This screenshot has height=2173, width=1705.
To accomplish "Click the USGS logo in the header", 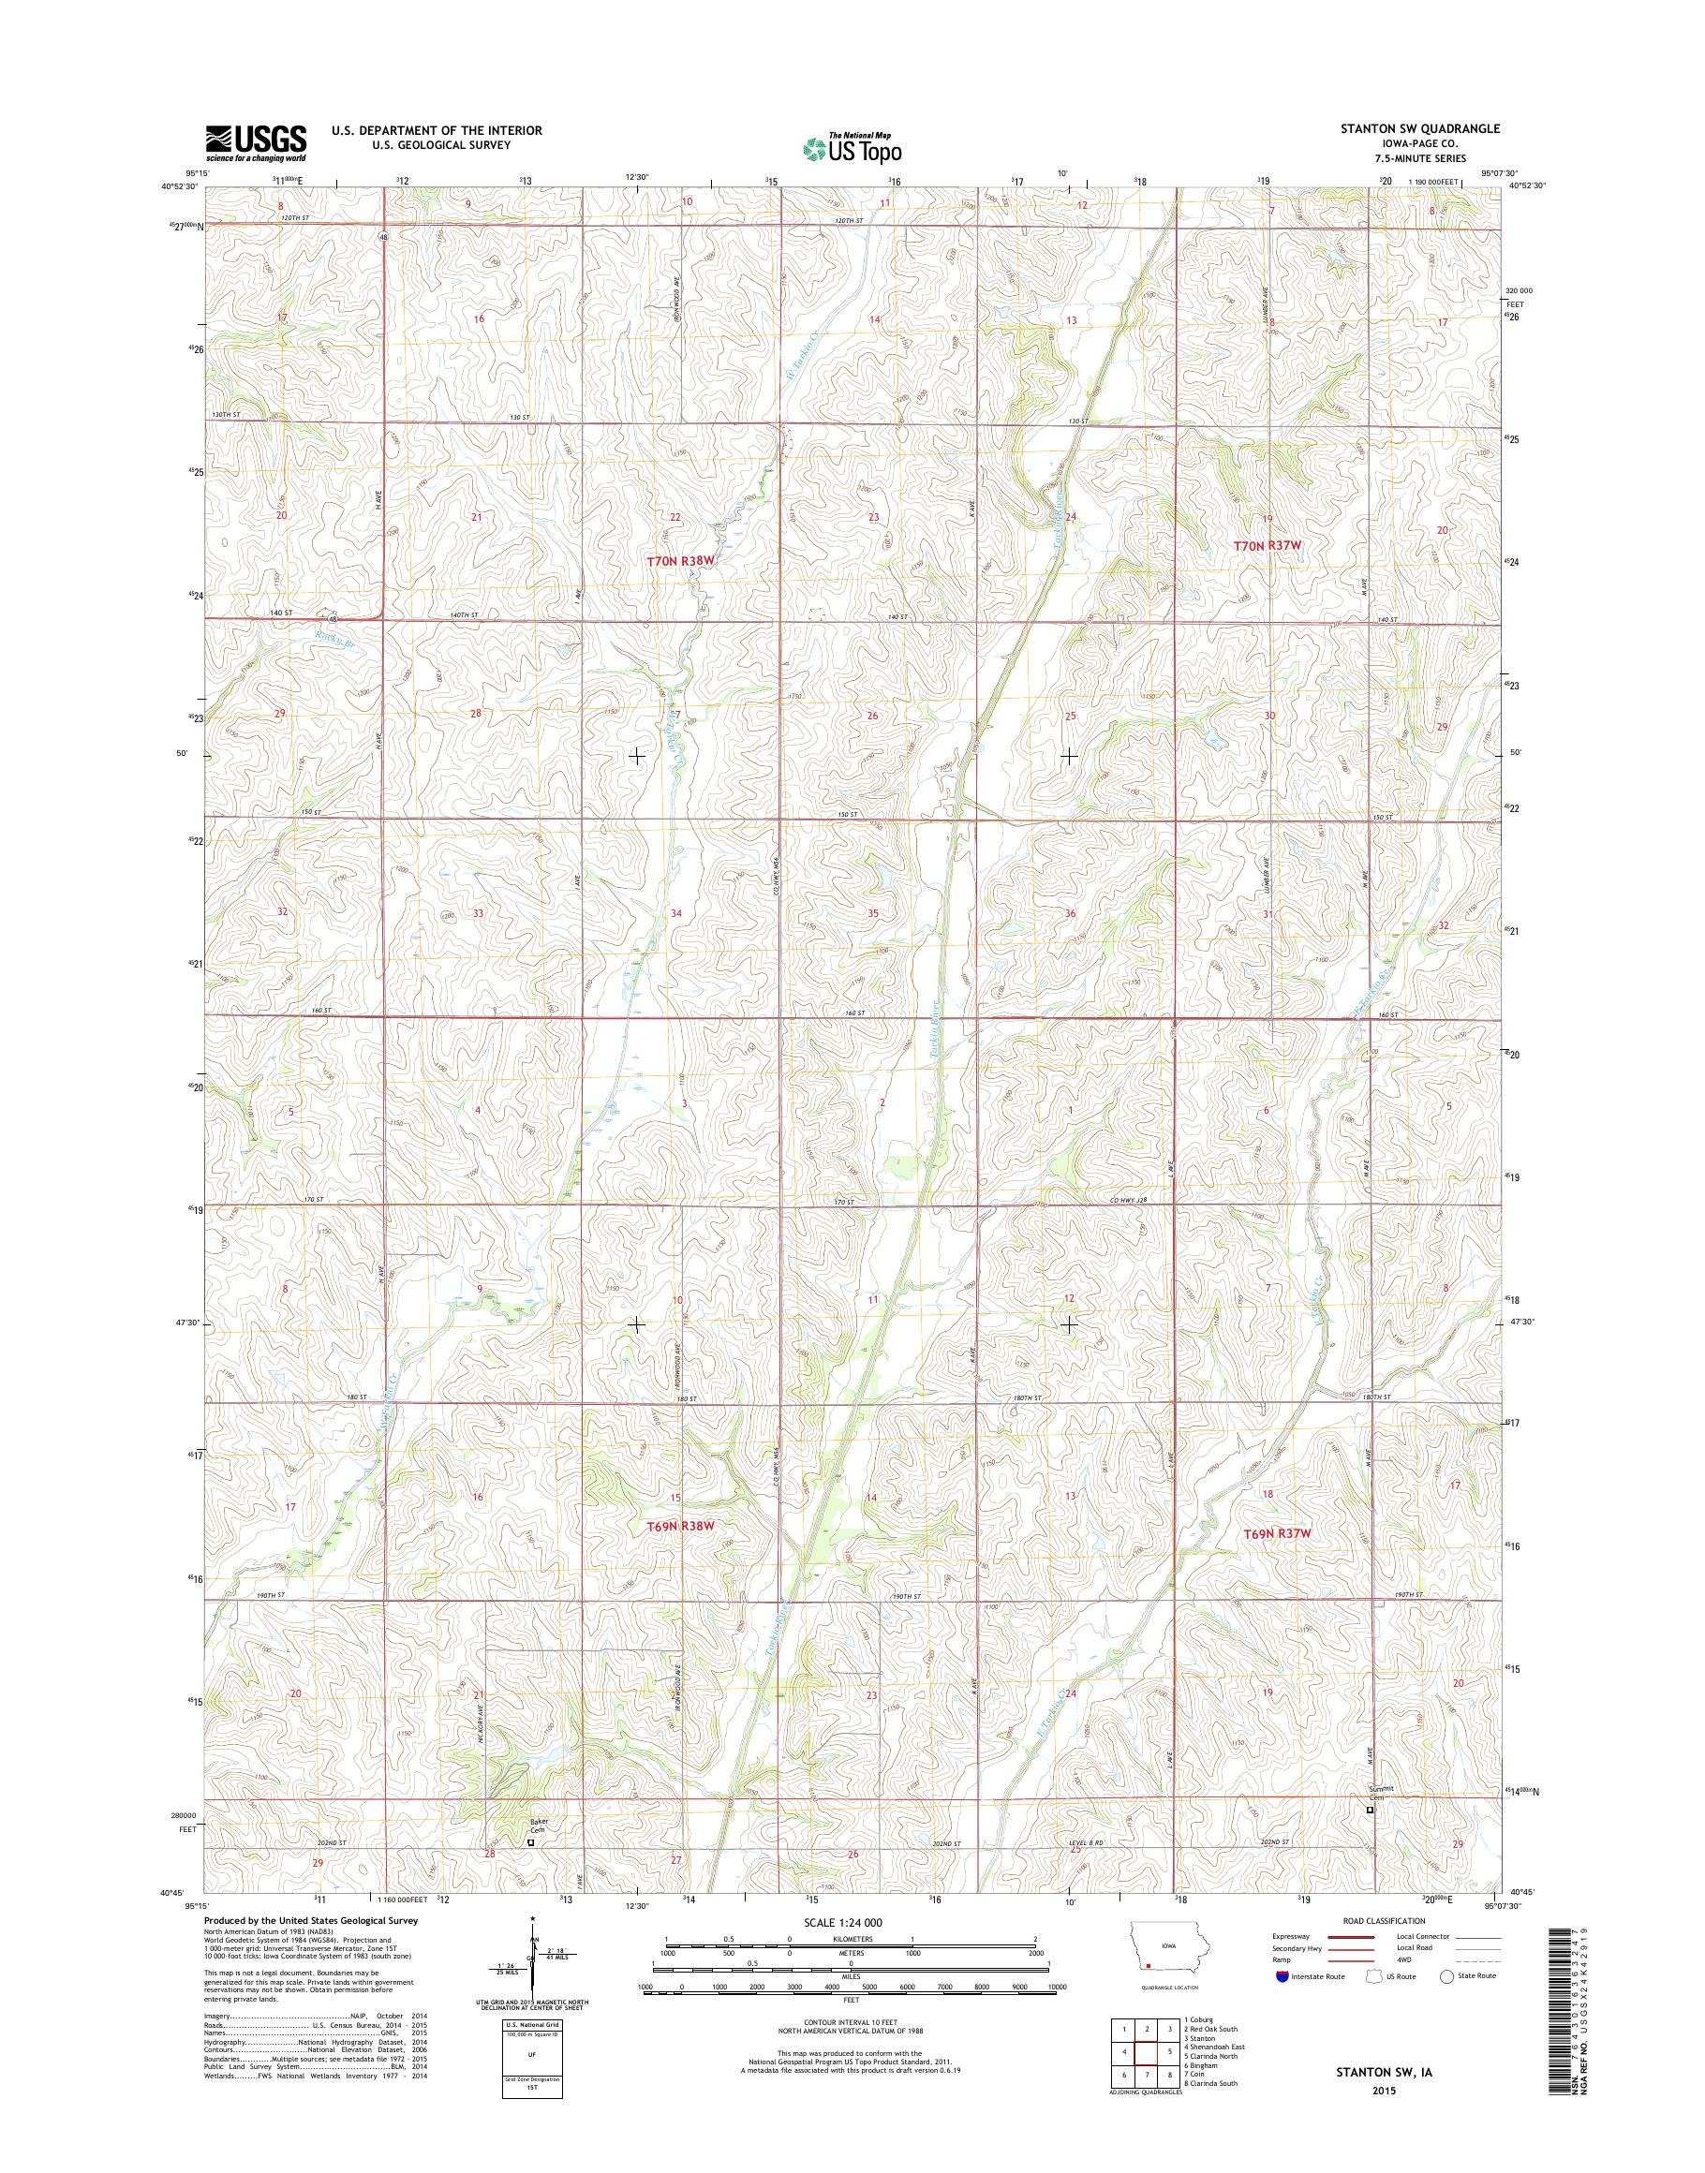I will (x=256, y=142).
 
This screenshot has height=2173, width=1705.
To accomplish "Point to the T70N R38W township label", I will (x=683, y=562).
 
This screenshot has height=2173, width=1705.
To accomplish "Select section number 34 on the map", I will (x=675, y=913).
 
